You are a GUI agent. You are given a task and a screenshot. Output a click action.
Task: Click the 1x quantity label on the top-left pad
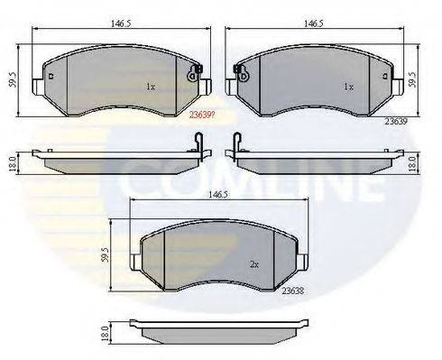pyautogui.click(x=151, y=88)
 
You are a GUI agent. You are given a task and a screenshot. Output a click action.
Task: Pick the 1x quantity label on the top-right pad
pyautogui.click(x=347, y=88)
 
